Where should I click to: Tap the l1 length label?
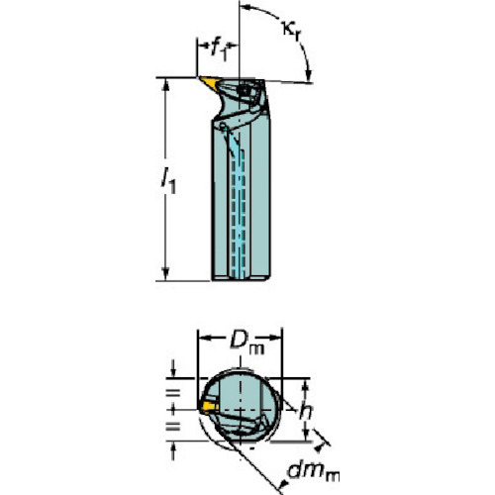coord(168,181)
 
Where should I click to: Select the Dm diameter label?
coord(247,344)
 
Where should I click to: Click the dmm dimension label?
coord(313,471)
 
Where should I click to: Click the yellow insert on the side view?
coord(210,82)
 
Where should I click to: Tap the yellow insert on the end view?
coord(209,406)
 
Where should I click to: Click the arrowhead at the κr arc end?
coord(309,75)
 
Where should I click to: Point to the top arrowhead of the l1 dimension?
coord(165,84)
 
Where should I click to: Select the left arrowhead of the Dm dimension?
coord(204,338)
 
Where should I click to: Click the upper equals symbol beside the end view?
coord(173,393)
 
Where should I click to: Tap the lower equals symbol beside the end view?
coord(173,427)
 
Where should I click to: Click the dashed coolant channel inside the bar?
coord(238,215)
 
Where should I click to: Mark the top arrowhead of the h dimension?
coord(305,385)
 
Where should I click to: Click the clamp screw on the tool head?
coord(245,90)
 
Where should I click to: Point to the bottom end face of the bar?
coord(241,279)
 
